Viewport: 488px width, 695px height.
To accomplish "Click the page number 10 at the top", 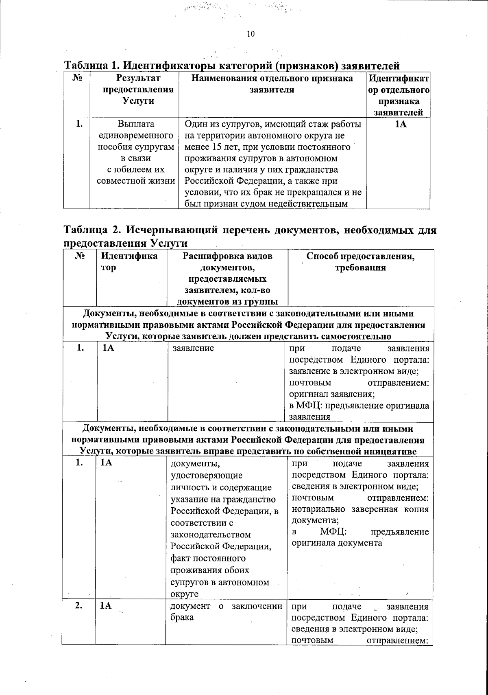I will click(x=251, y=34).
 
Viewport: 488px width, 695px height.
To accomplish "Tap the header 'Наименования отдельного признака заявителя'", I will click(x=272, y=84).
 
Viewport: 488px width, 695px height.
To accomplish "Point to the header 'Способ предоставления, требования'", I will click(x=360, y=262).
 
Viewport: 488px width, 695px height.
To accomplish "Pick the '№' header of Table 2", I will click(x=80, y=257).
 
